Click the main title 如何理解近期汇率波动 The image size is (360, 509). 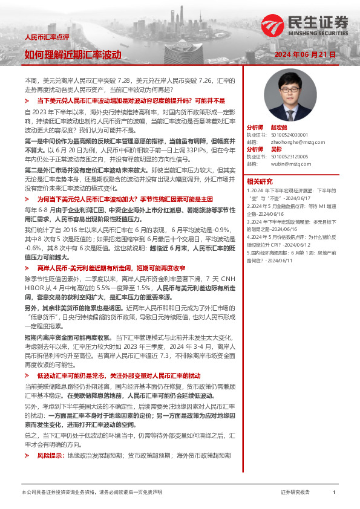click(x=73, y=54)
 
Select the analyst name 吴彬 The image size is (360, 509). click(x=275, y=149)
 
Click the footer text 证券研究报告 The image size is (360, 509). click(x=296, y=493)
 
